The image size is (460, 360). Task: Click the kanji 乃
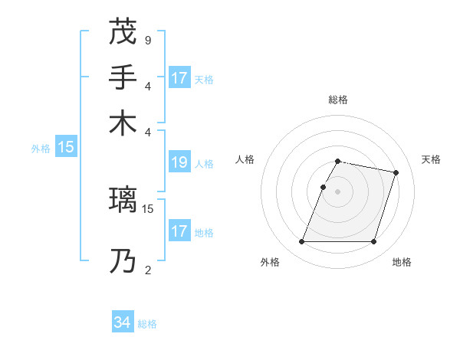pyautogui.click(x=123, y=261)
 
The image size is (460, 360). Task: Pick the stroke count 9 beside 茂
pyautogui.click(x=147, y=40)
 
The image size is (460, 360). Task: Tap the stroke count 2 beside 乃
pyautogui.click(x=147, y=270)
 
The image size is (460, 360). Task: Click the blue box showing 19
pyautogui.click(x=179, y=162)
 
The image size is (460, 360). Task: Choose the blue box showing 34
pyautogui.click(x=122, y=323)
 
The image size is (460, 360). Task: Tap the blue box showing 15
pyautogui.click(x=66, y=148)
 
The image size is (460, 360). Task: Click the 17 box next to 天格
pyautogui.click(x=179, y=78)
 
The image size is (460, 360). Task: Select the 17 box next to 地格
pyautogui.click(x=179, y=231)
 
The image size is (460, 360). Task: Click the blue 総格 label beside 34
pyautogui.click(x=147, y=324)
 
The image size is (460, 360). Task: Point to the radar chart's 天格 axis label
pyautogui.click(x=432, y=159)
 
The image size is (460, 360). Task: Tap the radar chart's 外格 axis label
pyautogui.click(x=270, y=262)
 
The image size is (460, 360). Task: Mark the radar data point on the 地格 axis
pyautogui.click(x=373, y=242)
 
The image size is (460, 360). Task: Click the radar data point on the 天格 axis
pyautogui.click(x=396, y=172)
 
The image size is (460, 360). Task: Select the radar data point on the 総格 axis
pyautogui.click(x=337, y=161)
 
